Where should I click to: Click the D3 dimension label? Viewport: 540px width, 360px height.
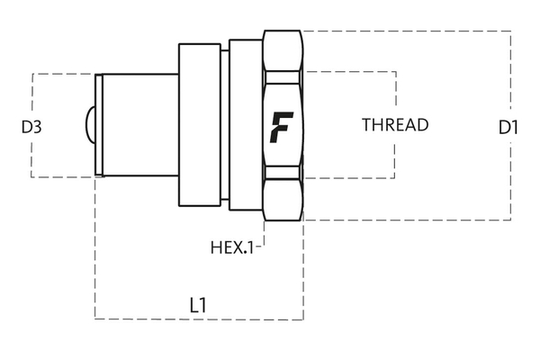click(x=32, y=127)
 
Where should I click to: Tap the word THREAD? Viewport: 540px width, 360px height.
click(x=395, y=125)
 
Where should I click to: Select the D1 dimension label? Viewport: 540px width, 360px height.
click(x=508, y=128)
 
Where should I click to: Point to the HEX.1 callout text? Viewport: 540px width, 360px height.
click(x=231, y=246)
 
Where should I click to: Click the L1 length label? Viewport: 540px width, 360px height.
click(x=199, y=304)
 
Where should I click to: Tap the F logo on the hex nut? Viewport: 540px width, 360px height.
click(x=282, y=126)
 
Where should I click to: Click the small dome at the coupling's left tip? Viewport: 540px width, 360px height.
click(x=90, y=125)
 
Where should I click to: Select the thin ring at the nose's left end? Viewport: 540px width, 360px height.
click(x=99, y=125)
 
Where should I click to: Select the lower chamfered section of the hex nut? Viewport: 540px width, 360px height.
click(x=283, y=196)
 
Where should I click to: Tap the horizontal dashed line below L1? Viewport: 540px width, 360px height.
click(x=198, y=319)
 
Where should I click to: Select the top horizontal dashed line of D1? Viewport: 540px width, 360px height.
click(x=405, y=31)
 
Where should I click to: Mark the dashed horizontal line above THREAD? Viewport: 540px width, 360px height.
click(x=351, y=71)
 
